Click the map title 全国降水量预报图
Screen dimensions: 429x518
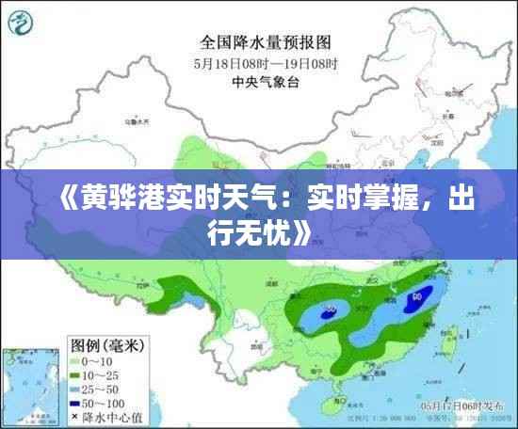coord(265,41)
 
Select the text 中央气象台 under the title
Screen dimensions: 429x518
coord(265,82)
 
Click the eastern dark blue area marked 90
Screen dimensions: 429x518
coord(415,300)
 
